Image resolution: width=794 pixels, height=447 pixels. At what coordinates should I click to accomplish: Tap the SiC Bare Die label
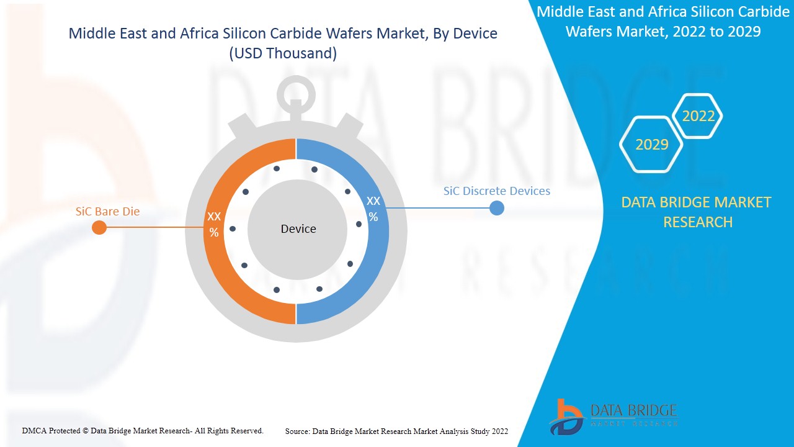click(107, 211)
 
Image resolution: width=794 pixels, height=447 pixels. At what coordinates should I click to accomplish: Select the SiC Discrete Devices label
click(496, 191)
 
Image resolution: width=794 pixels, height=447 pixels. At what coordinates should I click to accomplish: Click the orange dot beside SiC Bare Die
click(99, 228)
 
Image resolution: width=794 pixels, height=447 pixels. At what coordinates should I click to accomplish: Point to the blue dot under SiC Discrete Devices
click(496, 208)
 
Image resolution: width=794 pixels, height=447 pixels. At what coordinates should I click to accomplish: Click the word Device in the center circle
click(298, 229)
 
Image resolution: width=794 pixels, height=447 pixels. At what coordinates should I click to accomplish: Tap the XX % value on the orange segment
click(214, 224)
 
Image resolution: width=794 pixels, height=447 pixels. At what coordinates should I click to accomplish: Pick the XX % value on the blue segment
click(373, 209)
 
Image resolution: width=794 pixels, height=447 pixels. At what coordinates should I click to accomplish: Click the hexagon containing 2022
click(698, 116)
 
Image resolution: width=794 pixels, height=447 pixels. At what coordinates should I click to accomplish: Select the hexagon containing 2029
click(652, 145)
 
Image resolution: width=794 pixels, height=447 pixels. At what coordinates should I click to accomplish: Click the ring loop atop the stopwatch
click(296, 96)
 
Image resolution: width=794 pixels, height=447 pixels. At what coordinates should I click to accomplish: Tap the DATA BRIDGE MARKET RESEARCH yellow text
click(696, 212)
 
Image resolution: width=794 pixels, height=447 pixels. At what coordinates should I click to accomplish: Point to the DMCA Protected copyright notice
click(143, 430)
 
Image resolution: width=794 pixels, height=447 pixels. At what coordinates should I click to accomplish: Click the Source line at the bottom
click(396, 431)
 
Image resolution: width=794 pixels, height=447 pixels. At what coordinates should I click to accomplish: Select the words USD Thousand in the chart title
click(283, 53)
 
